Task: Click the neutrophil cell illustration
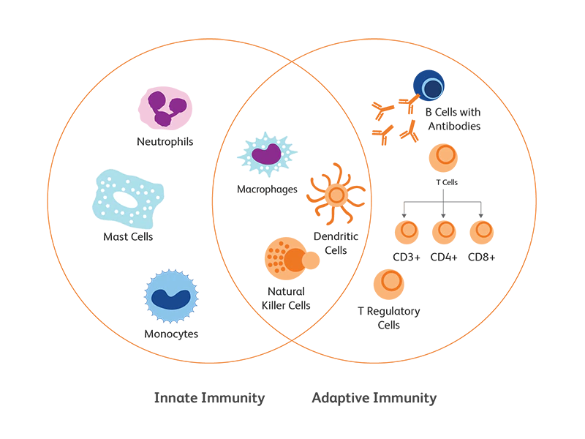click(165, 108)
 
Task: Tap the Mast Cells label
click(128, 237)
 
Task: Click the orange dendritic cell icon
click(336, 195)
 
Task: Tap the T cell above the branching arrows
click(443, 159)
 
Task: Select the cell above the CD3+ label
click(407, 232)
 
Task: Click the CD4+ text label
click(444, 257)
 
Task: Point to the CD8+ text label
click(482, 257)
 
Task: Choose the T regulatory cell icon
click(388, 284)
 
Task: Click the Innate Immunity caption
click(209, 398)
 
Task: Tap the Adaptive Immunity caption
click(374, 398)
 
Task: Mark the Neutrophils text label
click(165, 141)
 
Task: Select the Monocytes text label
click(171, 334)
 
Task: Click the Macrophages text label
click(267, 189)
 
